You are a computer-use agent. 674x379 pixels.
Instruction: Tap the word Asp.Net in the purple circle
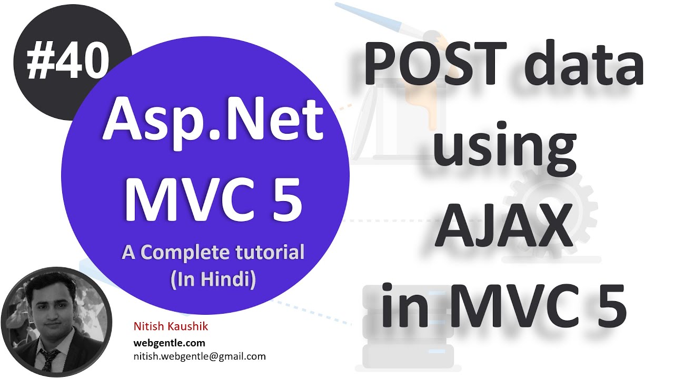pos(213,123)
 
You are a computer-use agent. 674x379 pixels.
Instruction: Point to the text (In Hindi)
pos(213,278)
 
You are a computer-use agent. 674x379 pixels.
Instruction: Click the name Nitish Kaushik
pos(171,327)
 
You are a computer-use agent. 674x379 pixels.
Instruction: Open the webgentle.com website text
pos(169,343)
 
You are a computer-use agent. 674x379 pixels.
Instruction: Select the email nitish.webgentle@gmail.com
pos(200,356)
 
